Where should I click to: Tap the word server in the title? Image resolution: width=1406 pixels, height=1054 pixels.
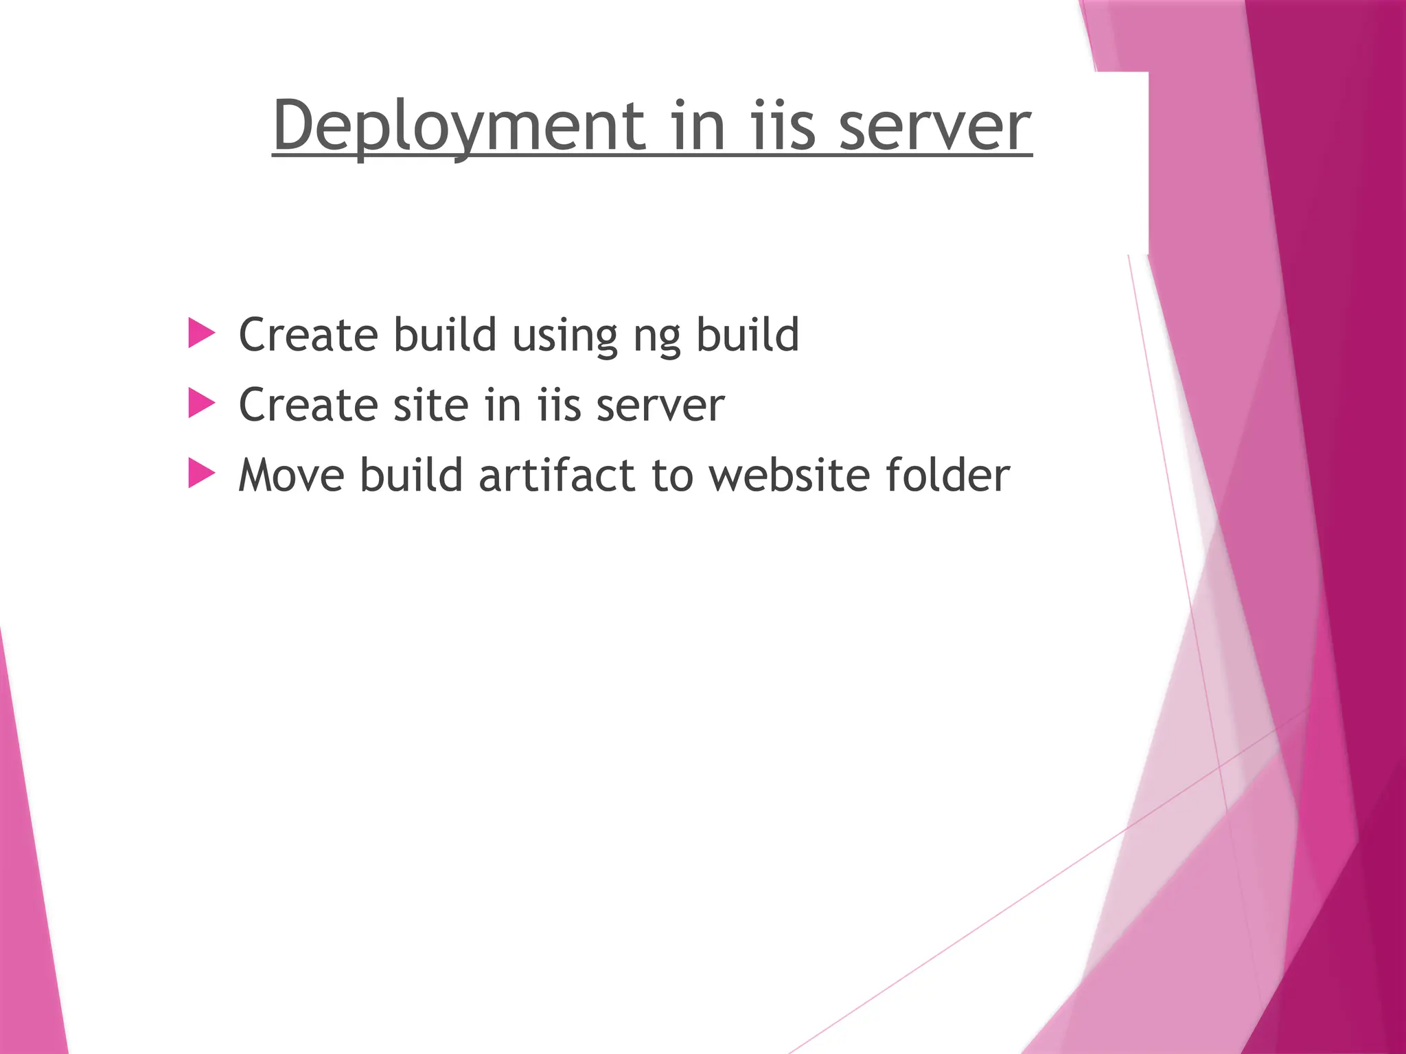pyautogui.click(x=935, y=128)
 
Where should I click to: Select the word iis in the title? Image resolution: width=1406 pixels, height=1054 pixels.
pyautogui.click(x=783, y=126)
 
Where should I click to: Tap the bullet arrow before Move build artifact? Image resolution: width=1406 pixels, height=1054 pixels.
pyautogui.click(x=201, y=473)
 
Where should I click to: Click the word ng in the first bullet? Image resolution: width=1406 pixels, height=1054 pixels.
pyautogui.click(x=656, y=336)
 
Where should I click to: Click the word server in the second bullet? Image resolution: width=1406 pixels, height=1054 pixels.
pyautogui.click(x=660, y=406)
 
